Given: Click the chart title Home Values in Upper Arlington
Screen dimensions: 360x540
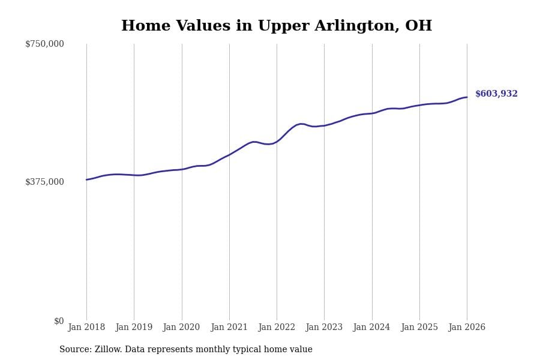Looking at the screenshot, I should [276, 26].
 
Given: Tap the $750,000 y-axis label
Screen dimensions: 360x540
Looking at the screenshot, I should [44, 44].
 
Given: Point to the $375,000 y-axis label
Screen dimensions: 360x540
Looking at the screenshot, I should [44, 182].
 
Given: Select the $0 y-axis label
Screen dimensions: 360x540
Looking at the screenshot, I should [59, 321].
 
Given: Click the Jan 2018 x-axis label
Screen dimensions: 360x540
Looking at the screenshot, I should [86, 328].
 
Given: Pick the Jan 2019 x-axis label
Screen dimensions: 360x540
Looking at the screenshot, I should [134, 328].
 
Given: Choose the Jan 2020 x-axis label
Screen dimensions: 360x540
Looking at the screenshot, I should [182, 328].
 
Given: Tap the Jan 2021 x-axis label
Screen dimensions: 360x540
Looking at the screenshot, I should [229, 328].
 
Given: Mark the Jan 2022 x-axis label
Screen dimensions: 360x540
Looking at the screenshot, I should [277, 328].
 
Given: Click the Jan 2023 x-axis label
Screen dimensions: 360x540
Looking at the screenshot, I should [324, 328].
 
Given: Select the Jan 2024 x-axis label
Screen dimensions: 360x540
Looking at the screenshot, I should [372, 328].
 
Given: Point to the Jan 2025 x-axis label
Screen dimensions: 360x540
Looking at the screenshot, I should [419, 328].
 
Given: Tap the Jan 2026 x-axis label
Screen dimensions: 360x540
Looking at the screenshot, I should [467, 328].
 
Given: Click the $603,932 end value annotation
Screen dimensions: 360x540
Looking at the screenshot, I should [496, 94].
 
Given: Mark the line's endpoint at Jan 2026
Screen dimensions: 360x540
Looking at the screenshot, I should [467, 97].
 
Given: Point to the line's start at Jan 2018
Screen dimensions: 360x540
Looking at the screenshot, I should [86, 179].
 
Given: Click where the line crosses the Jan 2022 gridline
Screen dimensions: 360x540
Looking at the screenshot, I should [277, 141].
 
